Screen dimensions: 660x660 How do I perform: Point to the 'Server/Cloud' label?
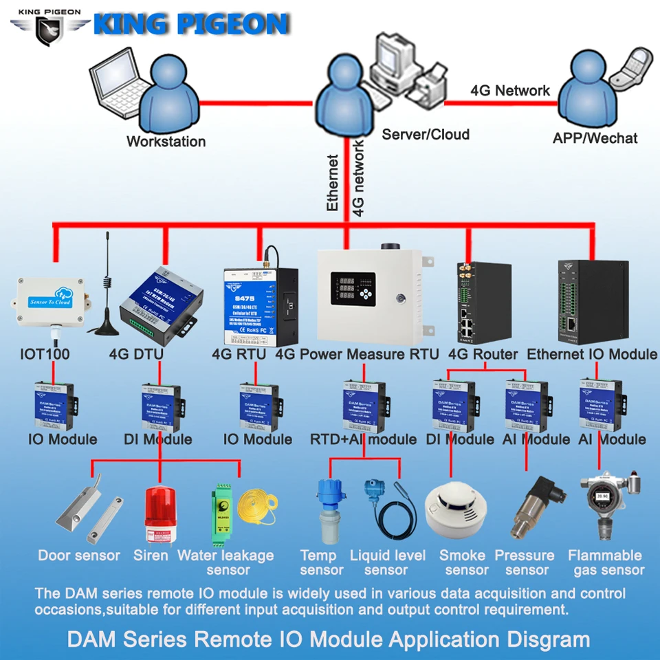[426, 134]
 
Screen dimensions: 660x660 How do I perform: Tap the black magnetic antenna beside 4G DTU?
[108, 296]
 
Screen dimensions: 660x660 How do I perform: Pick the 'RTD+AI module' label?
[363, 439]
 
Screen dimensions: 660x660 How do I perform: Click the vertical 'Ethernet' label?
[333, 182]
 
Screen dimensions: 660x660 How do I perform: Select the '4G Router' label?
[483, 355]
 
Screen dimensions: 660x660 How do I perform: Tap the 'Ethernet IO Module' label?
[592, 355]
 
